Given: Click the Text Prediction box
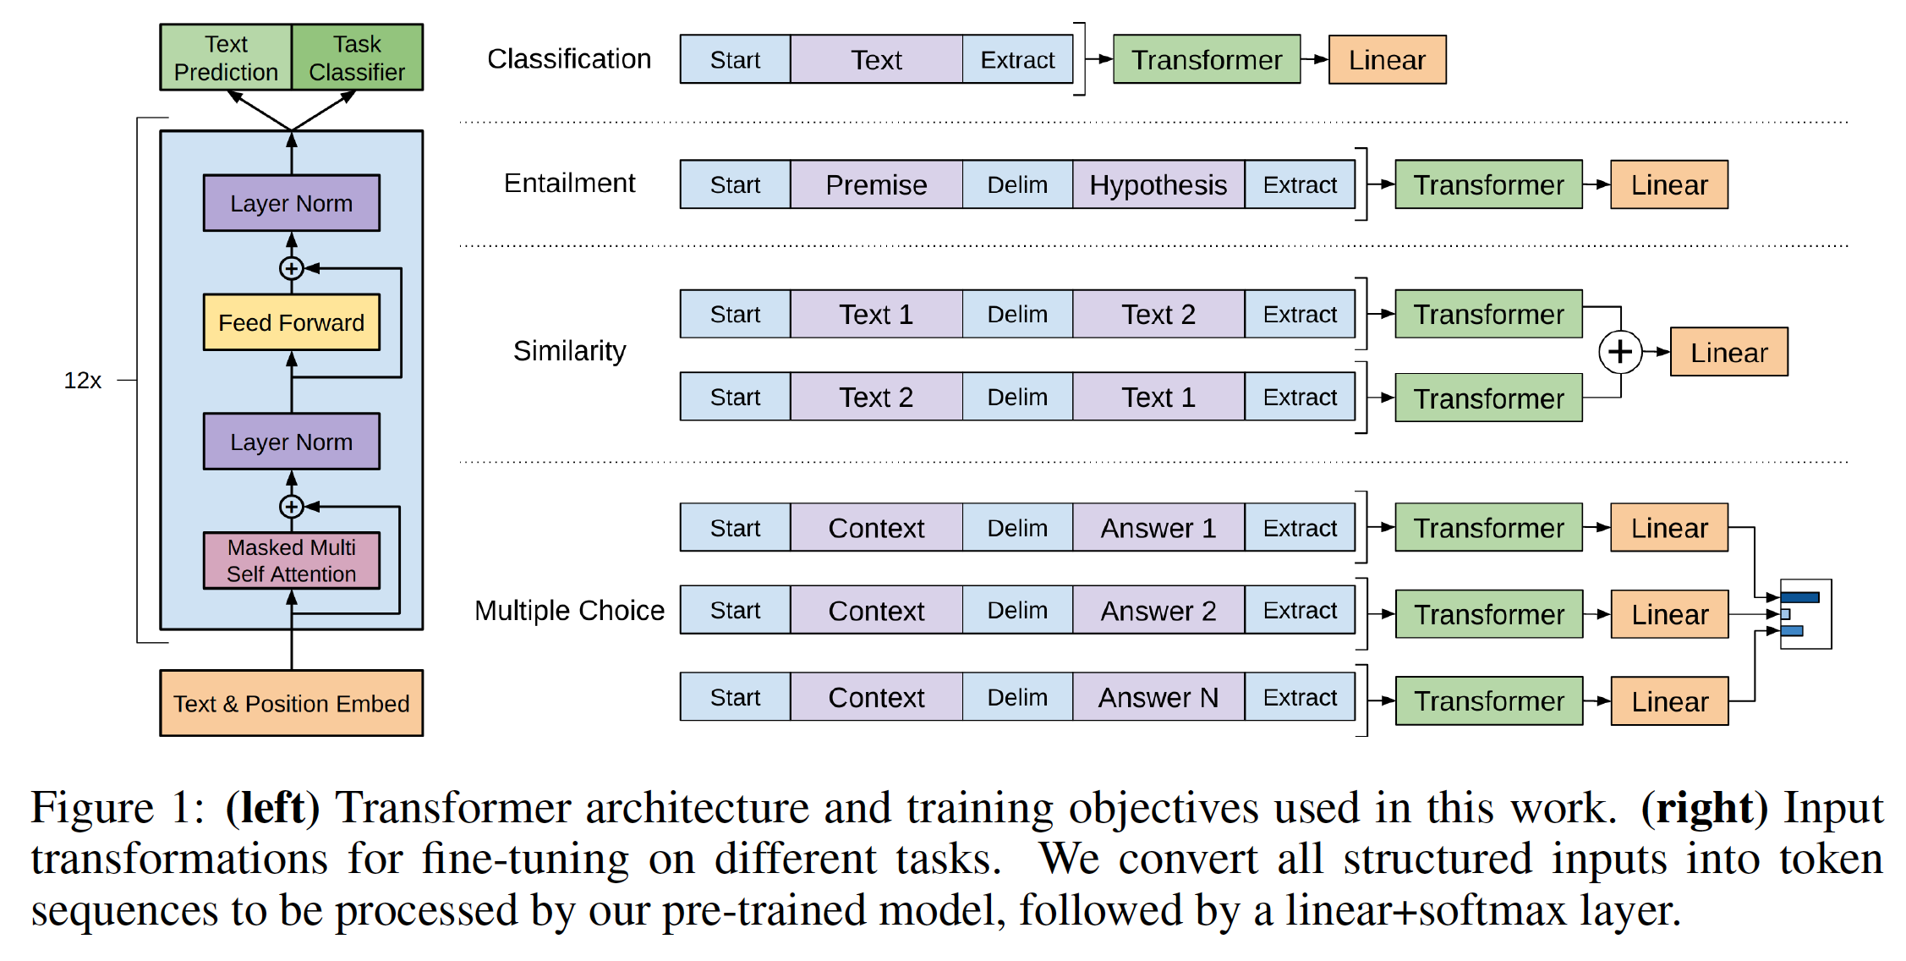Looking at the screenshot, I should (x=226, y=58).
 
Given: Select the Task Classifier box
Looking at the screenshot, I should (x=357, y=58).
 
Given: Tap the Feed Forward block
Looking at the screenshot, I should (x=292, y=322).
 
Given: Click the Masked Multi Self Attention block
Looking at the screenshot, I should (x=292, y=560).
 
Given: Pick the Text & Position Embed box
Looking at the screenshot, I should (x=292, y=703).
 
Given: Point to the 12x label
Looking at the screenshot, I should (x=82, y=381).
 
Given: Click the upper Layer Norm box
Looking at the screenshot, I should (x=292, y=203).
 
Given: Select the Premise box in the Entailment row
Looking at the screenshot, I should (x=876, y=184).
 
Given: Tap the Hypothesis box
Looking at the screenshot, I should (x=1158, y=184).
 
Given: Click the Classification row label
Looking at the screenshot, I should (x=569, y=59).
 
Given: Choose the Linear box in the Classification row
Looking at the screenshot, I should (x=1387, y=60).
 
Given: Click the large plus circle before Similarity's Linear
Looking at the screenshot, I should (x=1619, y=351).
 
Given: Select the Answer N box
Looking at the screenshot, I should (x=1158, y=697).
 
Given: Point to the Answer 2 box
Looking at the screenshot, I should (x=1158, y=611).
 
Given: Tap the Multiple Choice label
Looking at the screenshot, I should (x=569, y=611).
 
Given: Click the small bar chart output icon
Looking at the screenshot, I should (x=1805, y=614).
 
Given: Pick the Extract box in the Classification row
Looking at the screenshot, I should (x=1017, y=60).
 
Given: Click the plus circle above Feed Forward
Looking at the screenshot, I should (x=292, y=268).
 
